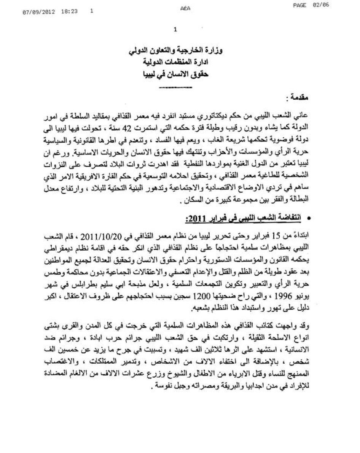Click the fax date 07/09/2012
click(38, 12)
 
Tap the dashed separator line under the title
click(175, 87)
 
